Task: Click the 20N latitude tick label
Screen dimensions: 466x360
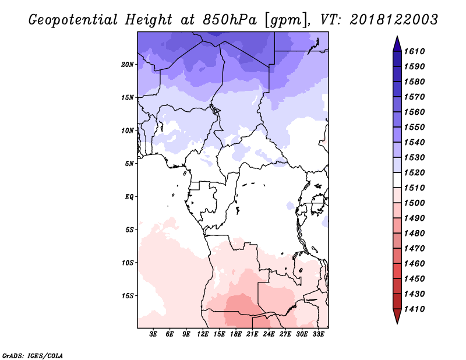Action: [x=128, y=65]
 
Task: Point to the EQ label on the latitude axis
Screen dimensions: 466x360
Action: [x=129, y=197]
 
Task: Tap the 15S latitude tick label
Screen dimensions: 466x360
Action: [x=128, y=296]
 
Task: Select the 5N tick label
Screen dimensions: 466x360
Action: [x=129, y=164]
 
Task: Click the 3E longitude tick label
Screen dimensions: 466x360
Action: [x=153, y=334]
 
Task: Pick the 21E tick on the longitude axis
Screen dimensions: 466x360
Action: [x=252, y=334]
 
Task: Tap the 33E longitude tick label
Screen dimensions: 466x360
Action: [x=318, y=334]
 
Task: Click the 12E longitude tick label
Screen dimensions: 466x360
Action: [x=203, y=334]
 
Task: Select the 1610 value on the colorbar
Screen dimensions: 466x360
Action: [x=414, y=51]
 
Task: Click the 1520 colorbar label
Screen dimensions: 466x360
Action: [x=414, y=172]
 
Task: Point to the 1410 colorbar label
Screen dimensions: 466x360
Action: [x=414, y=309]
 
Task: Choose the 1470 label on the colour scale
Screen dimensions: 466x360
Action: [x=414, y=249]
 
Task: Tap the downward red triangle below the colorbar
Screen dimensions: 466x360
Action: [x=397, y=316]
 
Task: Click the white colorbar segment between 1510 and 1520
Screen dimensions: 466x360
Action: [x=397, y=180]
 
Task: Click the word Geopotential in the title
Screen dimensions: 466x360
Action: [x=73, y=20]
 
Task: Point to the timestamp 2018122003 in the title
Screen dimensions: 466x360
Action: [x=394, y=20]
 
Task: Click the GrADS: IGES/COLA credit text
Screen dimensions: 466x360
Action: [x=33, y=356]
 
